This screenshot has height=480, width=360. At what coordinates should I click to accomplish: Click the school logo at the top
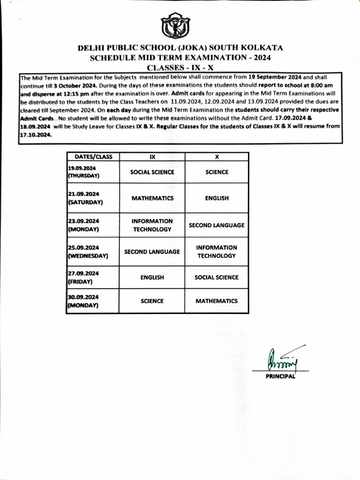point(176,26)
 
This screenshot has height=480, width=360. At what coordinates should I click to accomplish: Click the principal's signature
point(280,360)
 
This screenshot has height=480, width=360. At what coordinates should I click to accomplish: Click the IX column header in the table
point(152,157)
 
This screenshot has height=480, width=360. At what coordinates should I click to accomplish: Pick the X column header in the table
point(217,157)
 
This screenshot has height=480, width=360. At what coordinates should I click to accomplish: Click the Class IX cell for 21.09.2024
point(152,198)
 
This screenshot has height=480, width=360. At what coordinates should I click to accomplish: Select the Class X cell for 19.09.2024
point(217,172)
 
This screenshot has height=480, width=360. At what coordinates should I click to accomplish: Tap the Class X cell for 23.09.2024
point(217,225)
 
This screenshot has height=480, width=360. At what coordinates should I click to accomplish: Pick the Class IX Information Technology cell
point(152,225)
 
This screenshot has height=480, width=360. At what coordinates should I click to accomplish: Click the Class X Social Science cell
point(217,277)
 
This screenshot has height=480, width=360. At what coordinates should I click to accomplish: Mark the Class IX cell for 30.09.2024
point(152,301)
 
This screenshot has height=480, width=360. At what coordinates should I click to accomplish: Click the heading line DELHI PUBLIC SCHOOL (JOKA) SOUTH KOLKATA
point(180,48)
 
